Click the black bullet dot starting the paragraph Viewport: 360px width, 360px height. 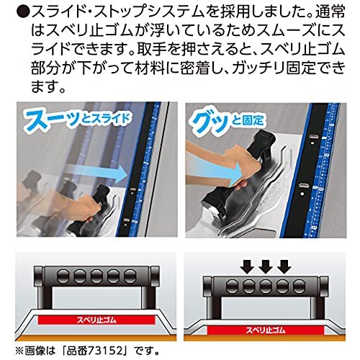[24, 12]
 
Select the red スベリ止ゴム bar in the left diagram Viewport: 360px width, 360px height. [96, 320]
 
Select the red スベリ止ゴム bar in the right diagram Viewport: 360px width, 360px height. [266, 330]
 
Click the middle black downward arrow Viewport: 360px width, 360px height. [266, 266]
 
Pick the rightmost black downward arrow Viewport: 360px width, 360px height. [284, 266]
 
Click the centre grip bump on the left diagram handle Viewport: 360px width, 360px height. [96, 276]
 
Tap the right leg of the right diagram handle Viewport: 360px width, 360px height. [316, 307]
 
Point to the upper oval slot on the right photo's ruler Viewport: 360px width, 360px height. [312, 136]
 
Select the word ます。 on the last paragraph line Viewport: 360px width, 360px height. [48, 86]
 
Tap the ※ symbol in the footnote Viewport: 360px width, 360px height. [19, 351]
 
